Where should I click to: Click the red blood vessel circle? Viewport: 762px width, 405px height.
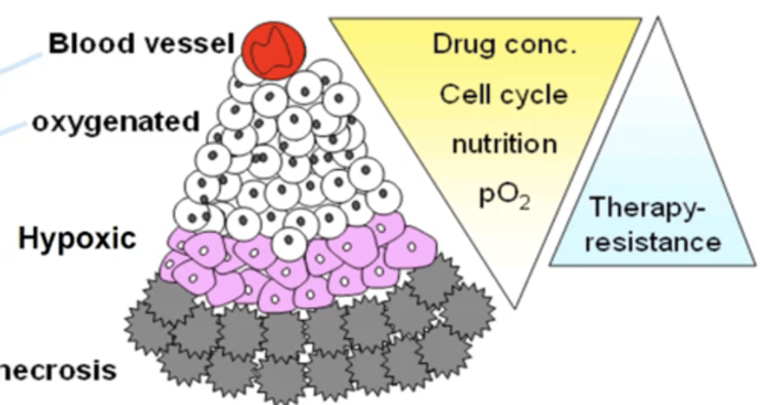click(x=274, y=50)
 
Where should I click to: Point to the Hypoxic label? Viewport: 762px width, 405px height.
click(x=77, y=239)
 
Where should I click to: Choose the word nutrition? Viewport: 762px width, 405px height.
click(x=504, y=144)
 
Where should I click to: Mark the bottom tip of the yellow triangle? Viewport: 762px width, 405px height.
click(x=515, y=306)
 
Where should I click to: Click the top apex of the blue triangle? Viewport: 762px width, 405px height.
click(x=658, y=20)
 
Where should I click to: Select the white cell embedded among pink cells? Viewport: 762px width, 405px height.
click(x=289, y=243)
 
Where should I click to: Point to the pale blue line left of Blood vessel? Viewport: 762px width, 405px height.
click(x=21, y=66)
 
